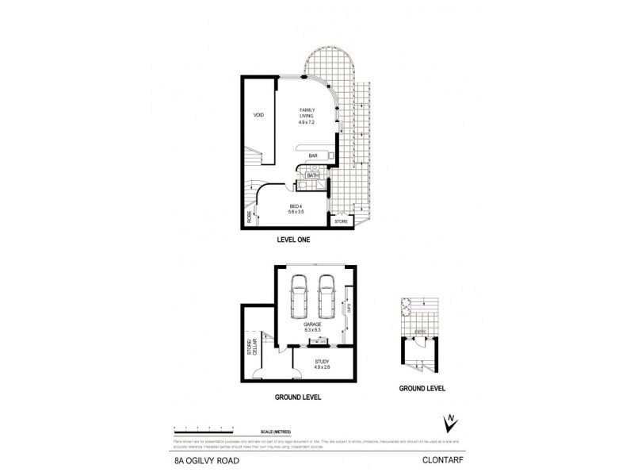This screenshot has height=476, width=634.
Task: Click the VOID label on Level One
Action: pyautogui.click(x=258, y=116)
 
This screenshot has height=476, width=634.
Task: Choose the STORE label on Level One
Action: pyautogui.click(x=341, y=221)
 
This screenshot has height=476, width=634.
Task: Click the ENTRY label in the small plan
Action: pyautogui.click(x=420, y=332)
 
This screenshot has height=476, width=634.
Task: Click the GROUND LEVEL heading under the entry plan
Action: pyautogui.click(x=422, y=389)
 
